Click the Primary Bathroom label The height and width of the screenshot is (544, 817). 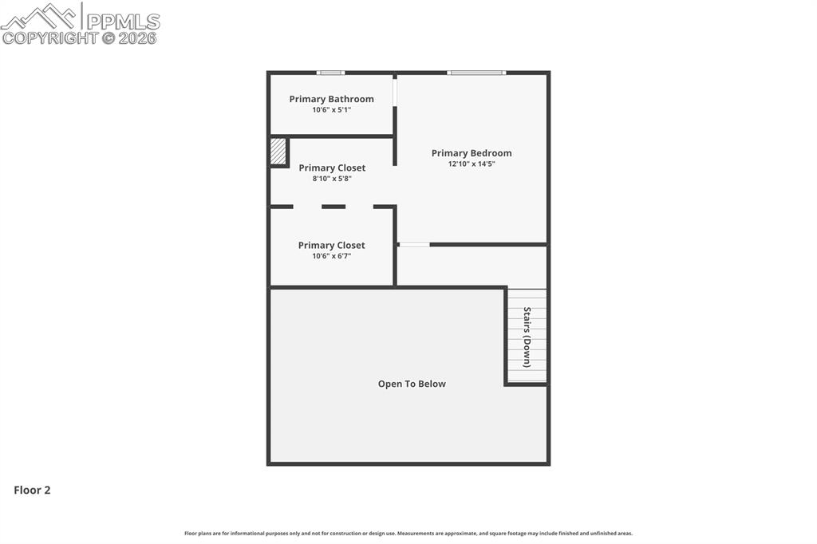coord(331,99)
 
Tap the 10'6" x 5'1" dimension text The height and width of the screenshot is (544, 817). coord(331,110)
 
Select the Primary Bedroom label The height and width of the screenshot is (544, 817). coord(472,153)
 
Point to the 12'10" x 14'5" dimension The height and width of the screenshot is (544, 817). coord(472,164)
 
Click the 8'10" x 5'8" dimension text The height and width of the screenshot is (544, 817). coord(332,179)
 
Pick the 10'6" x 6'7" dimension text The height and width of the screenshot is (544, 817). coord(331,256)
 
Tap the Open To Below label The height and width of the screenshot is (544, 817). coord(412,384)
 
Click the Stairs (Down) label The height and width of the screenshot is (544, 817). coord(527,337)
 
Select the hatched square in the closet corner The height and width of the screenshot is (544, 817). coord(278,152)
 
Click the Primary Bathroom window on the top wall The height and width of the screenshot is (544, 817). coord(330,73)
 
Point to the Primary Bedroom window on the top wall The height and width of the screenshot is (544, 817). coord(476,73)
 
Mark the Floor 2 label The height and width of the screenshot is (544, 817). coord(32,491)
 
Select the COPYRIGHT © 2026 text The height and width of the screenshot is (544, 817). coord(80,37)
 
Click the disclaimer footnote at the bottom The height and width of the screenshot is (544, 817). coord(408,534)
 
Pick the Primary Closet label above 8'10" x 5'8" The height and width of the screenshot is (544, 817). coord(332,168)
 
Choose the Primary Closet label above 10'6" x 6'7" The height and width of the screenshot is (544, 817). coord(331,245)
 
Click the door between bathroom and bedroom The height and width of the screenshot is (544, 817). coord(395,92)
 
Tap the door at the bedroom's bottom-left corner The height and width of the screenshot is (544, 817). coord(414,244)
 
